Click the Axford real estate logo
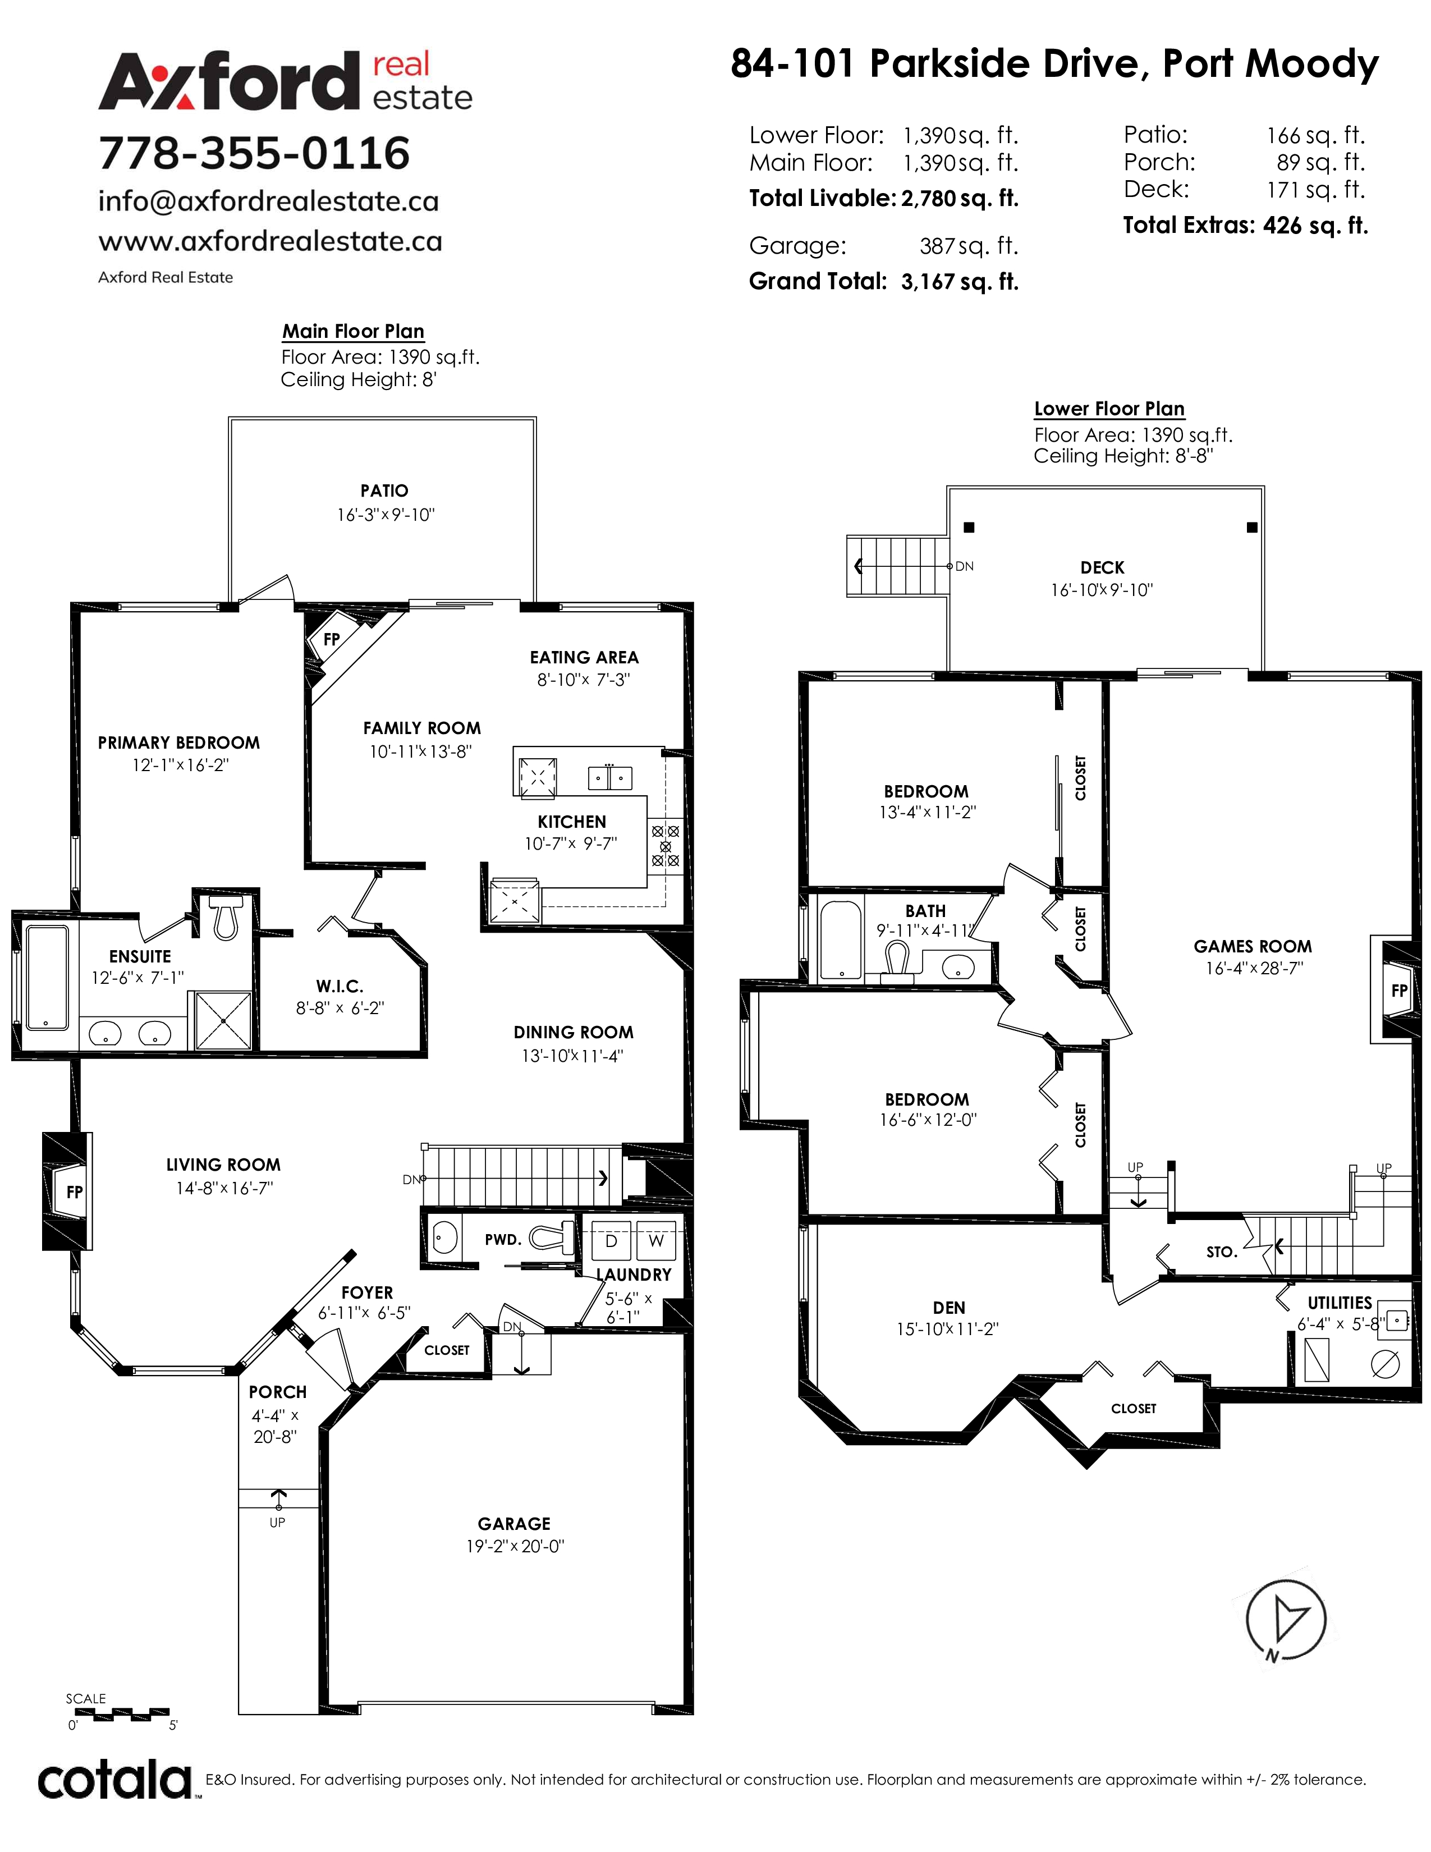[x=285, y=81]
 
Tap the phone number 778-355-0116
[x=254, y=153]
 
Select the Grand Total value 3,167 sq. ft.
[x=960, y=282]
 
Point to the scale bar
[x=121, y=1714]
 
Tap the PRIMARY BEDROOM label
[x=179, y=743]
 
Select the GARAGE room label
[x=513, y=1524]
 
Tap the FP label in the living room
[x=75, y=1192]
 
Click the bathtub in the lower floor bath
[x=840, y=939]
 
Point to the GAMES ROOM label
[x=1252, y=946]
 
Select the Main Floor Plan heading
[x=352, y=332]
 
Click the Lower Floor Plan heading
[x=1109, y=409]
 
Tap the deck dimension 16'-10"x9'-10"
[x=1102, y=590]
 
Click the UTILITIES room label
[x=1340, y=1303]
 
